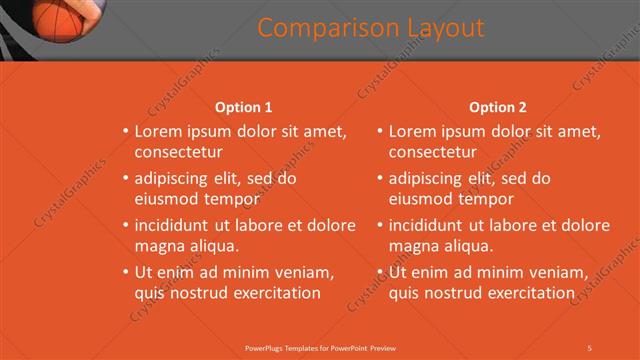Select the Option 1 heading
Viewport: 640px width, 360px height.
(243, 107)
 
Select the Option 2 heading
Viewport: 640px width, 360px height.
(497, 107)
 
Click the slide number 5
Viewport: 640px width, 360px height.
(590, 347)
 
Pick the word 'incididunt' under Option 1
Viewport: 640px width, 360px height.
(175, 225)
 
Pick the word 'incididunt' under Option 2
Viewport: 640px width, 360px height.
(429, 225)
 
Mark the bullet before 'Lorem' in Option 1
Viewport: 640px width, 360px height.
(125, 131)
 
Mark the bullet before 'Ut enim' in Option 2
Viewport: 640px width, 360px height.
(380, 272)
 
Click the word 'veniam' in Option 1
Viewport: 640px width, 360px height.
(301, 272)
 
